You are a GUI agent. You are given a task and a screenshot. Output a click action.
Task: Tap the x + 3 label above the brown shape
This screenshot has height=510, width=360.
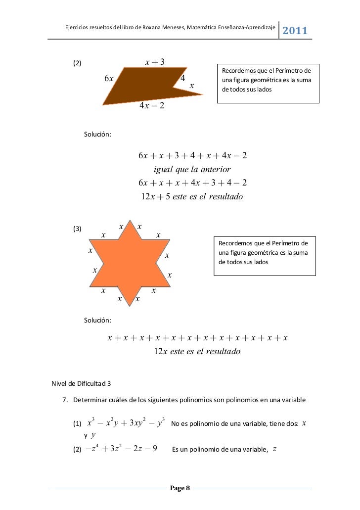point(154,62)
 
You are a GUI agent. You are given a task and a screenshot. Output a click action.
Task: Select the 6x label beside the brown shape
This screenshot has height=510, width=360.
point(109,78)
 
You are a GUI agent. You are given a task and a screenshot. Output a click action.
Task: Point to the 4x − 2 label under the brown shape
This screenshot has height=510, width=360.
point(152,106)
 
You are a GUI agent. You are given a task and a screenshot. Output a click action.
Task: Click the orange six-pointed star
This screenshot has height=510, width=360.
point(130,262)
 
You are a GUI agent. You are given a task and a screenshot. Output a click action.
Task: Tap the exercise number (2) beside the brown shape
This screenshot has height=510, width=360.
point(77,63)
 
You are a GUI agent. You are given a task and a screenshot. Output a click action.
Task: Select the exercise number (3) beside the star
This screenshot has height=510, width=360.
point(77,229)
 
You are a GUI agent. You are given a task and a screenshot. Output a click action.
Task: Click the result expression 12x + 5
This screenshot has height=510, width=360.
point(156,197)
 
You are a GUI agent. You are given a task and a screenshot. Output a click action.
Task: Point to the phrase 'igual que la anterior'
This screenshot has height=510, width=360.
point(192,170)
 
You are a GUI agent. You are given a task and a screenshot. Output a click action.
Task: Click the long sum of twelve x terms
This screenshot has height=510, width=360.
point(198,338)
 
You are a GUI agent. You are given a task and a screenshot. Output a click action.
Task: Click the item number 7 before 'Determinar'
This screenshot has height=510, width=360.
point(64,400)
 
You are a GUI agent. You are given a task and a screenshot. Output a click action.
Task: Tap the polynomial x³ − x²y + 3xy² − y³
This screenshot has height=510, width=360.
point(126,423)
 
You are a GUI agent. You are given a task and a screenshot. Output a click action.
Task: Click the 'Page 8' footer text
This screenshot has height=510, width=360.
point(180,489)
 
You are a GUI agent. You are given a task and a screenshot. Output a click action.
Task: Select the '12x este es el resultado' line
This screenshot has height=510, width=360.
point(197,352)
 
